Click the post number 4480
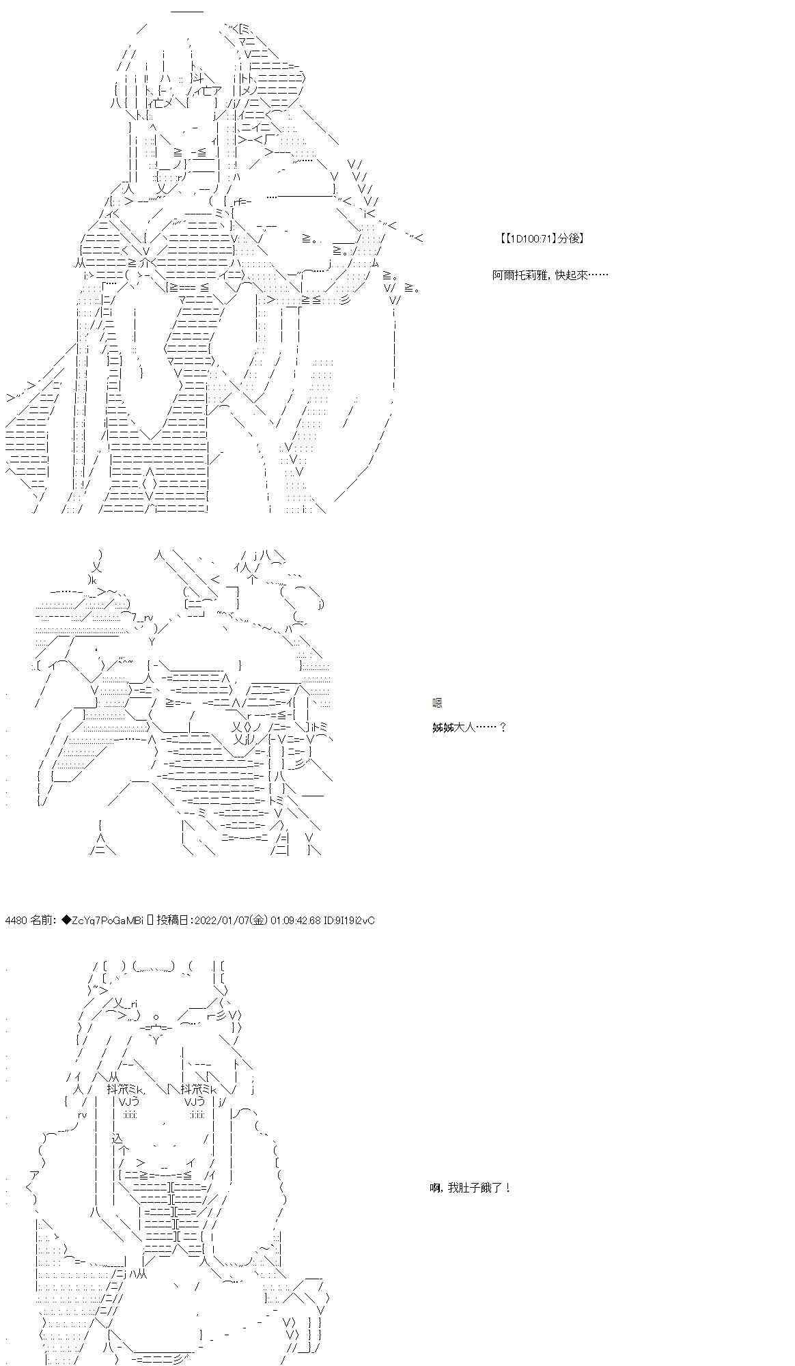point(16,921)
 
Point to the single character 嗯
point(437,703)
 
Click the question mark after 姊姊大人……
point(503,727)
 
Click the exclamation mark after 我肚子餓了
point(507,1188)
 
